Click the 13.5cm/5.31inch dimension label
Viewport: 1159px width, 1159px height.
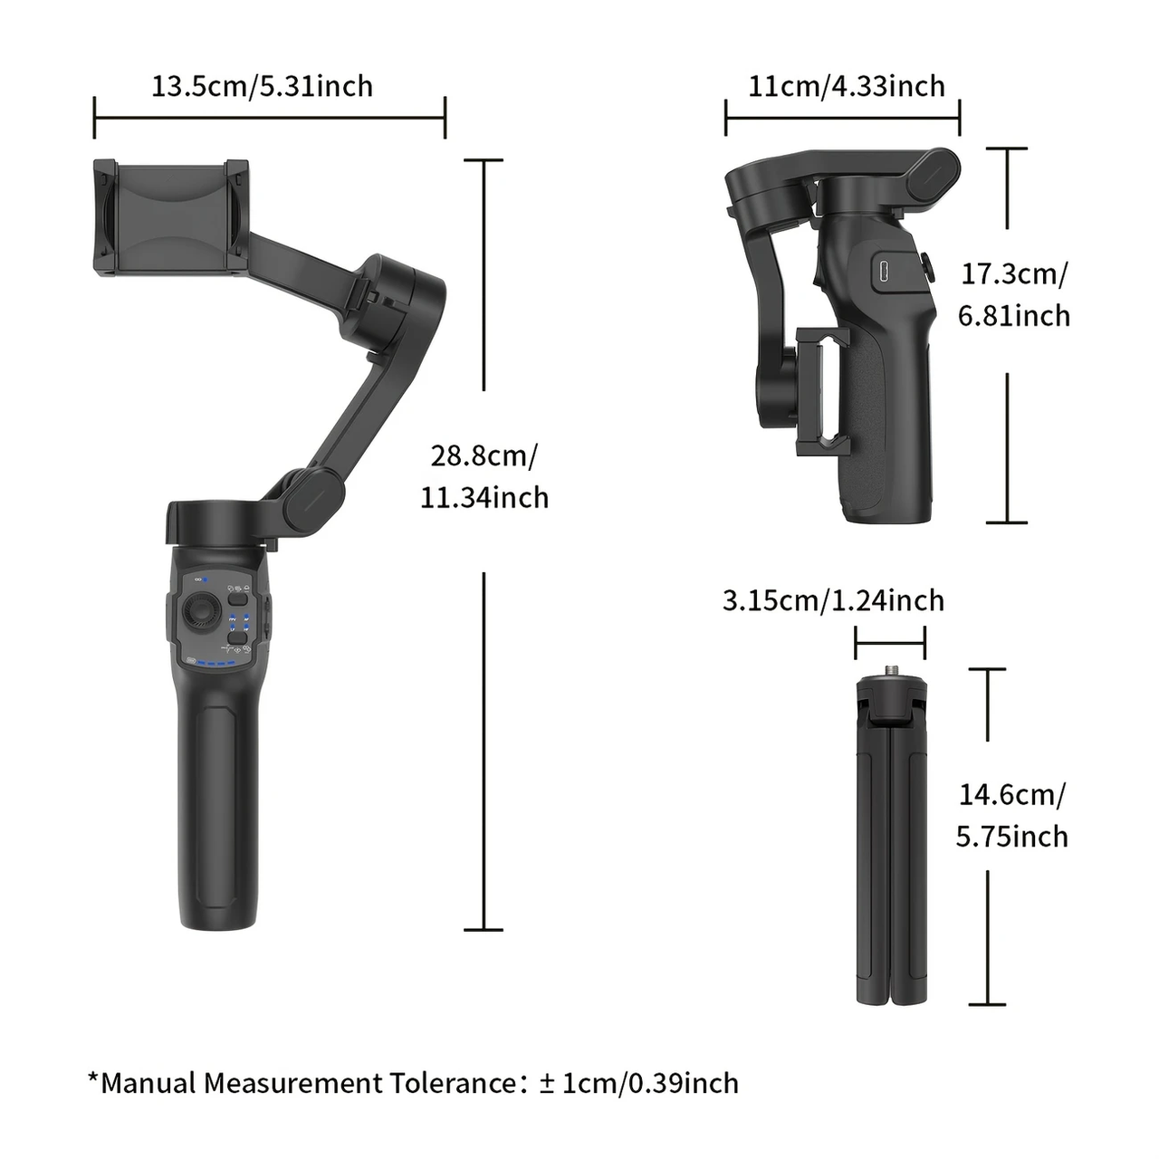(262, 86)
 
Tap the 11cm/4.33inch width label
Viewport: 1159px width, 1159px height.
(846, 86)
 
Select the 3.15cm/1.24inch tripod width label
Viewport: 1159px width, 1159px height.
(833, 600)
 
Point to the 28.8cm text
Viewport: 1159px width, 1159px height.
(484, 455)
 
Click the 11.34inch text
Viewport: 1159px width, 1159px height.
(484, 497)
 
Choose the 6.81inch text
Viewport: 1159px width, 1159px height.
(1013, 315)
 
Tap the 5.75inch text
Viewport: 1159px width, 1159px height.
(1011, 836)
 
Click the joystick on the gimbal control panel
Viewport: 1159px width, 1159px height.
(199, 614)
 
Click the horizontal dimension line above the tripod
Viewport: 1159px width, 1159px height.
(889, 644)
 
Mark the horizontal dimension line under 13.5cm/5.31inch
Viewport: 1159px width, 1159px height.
(269, 118)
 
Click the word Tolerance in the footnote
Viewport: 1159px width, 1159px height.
(453, 1083)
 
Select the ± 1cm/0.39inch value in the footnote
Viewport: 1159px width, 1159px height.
(638, 1083)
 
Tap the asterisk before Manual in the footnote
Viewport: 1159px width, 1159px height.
(92, 1078)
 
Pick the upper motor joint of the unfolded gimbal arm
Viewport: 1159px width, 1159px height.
(403, 290)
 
